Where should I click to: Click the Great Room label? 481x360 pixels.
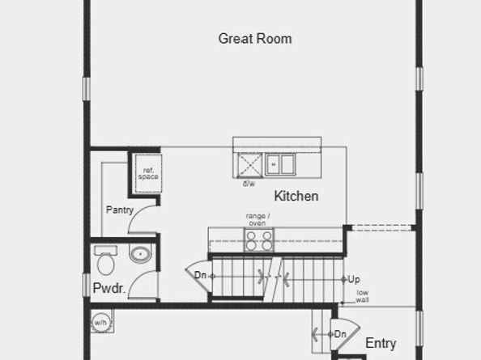pyautogui.click(x=255, y=39)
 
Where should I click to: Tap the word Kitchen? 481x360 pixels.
pyautogui.click(x=296, y=196)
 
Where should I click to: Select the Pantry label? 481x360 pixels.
pyautogui.click(x=119, y=210)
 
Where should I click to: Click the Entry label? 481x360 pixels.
pyautogui.click(x=381, y=343)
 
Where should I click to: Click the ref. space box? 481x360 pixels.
pyautogui.click(x=148, y=172)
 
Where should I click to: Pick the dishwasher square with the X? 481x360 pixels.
pyautogui.click(x=249, y=164)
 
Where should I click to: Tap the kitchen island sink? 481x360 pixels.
pyautogui.click(x=279, y=164)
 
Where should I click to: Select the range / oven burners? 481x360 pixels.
pyautogui.click(x=258, y=241)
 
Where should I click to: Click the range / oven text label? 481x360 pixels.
pyautogui.click(x=258, y=219)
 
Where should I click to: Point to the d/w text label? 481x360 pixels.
pyautogui.click(x=249, y=184)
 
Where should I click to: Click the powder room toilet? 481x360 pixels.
pyautogui.click(x=104, y=261)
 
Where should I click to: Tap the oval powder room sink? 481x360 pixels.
pyautogui.click(x=140, y=254)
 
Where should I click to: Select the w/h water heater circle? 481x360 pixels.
pyautogui.click(x=100, y=321)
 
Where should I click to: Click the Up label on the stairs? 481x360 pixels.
pyautogui.click(x=354, y=279)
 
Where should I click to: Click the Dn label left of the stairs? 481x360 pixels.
pyautogui.click(x=200, y=275)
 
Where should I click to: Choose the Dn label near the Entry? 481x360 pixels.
pyautogui.click(x=341, y=333)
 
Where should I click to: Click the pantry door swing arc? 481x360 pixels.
pyautogui.click(x=139, y=218)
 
